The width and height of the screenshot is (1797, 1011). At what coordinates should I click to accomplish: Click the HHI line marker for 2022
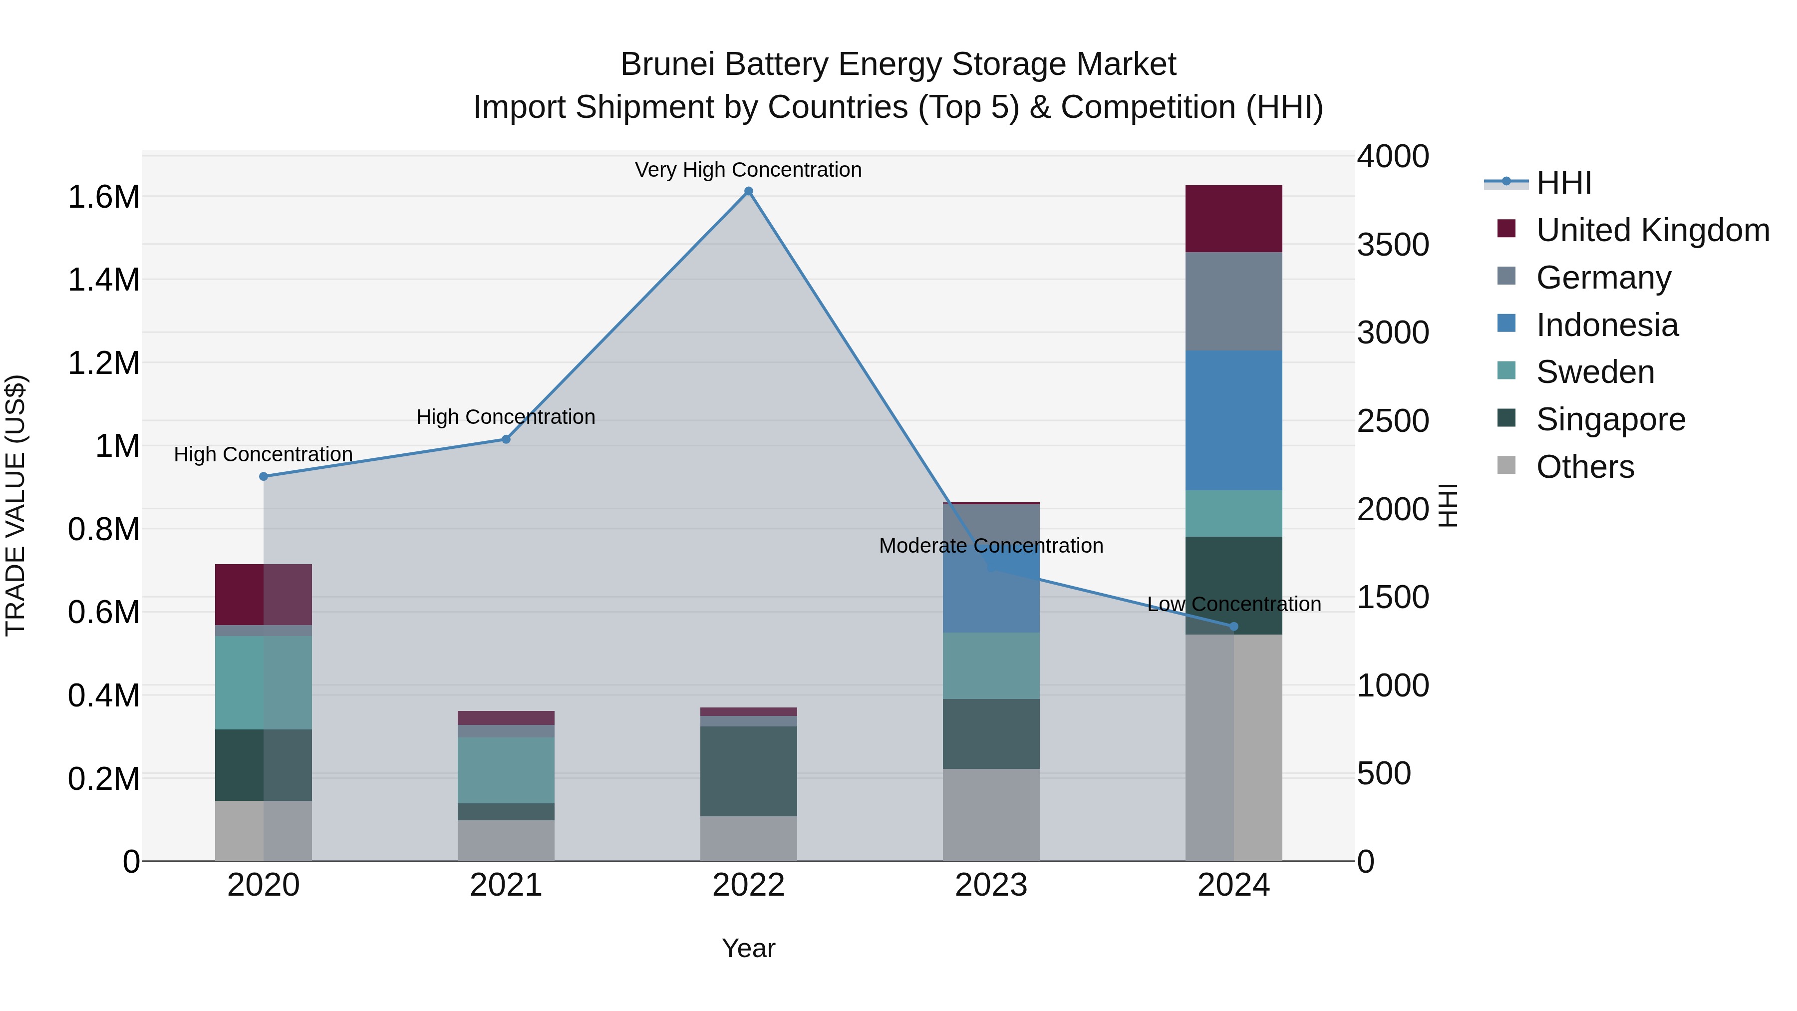pos(749,191)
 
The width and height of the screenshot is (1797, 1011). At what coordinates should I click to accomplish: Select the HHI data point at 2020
pos(264,477)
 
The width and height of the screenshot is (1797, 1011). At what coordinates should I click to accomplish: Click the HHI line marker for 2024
pos(1233,627)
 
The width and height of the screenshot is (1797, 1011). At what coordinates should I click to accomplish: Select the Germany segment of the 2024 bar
pos(1233,302)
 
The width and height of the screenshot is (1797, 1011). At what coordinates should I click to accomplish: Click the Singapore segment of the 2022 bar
pos(749,771)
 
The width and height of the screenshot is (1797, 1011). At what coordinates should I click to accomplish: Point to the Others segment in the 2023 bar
pos(991,815)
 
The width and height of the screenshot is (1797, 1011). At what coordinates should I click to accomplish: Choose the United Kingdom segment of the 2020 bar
pos(264,595)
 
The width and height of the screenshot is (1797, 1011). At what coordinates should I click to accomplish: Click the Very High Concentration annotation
pos(749,170)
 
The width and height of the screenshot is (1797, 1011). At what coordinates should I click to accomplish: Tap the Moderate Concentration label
pos(991,546)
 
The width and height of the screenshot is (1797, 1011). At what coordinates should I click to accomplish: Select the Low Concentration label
pos(1233,604)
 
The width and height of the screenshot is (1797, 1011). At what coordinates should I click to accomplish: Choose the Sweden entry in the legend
pos(1595,372)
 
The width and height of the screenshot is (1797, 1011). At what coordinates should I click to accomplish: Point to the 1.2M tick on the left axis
pos(103,363)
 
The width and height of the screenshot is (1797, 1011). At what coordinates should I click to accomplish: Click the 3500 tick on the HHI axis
pos(1392,245)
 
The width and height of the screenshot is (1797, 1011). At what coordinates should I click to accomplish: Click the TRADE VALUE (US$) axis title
pos(16,505)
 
